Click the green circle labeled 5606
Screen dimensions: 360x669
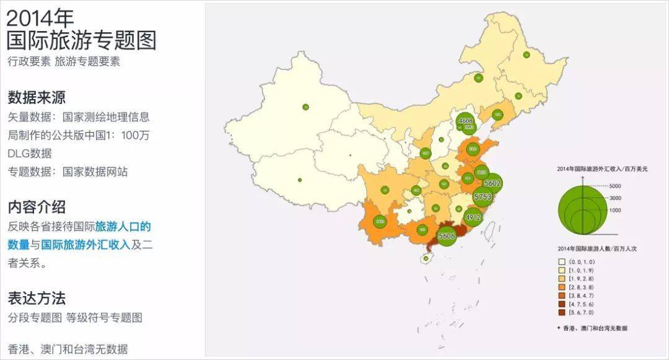pyautogui.click(x=447, y=235)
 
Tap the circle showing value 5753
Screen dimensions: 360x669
pyautogui.click(x=482, y=197)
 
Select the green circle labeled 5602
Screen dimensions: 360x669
pyautogui.click(x=492, y=183)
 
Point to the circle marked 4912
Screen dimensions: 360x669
pyautogui.click(x=473, y=217)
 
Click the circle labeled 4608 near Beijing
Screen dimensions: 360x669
pyautogui.click(x=466, y=121)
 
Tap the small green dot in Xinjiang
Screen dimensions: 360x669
pyautogui.click(x=305, y=107)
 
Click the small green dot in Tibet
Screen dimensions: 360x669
pyautogui.click(x=300, y=180)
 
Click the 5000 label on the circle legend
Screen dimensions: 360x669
pyautogui.click(x=615, y=186)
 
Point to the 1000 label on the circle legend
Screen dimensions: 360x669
pyautogui.click(x=615, y=210)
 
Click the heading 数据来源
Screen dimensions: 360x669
pyautogui.click(x=37, y=97)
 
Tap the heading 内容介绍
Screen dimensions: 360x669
pyautogui.click(x=37, y=206)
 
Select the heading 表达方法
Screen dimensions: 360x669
pyautogui.click(x=37, y=298)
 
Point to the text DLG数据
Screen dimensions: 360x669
pyautogui.click(x=30, y=153)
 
